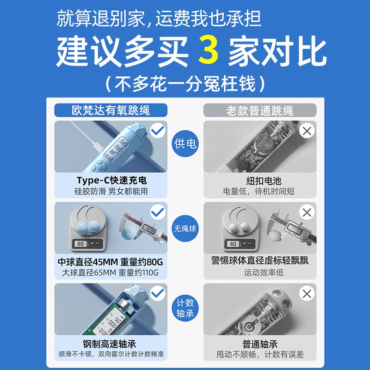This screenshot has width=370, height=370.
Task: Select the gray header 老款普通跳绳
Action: (259, 111)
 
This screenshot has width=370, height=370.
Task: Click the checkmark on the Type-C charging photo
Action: (158, 131)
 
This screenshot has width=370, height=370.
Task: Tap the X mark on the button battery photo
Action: (307, 131)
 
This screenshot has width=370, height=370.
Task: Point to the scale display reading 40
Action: (233, 243)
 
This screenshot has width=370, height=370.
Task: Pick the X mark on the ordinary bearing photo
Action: (307, 294)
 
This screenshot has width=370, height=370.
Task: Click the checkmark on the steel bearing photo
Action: (158, 294)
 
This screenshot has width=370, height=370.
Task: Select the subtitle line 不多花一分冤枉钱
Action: (185, 84)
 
